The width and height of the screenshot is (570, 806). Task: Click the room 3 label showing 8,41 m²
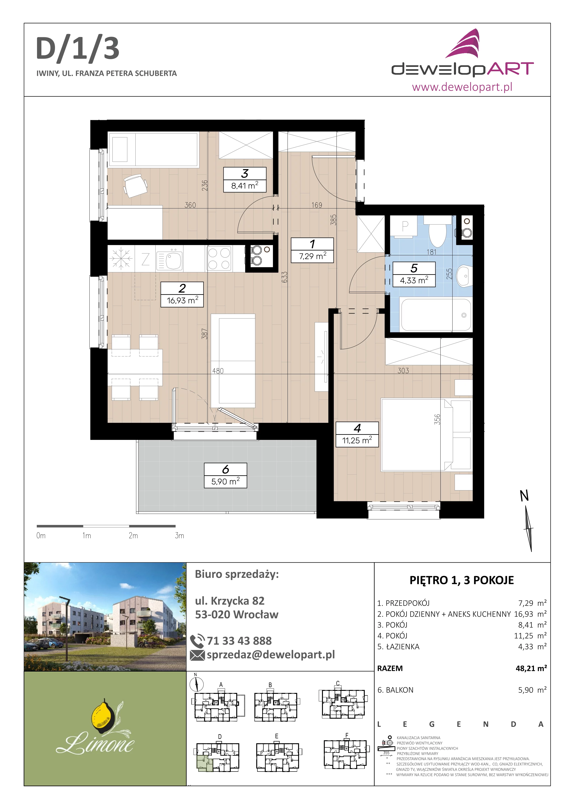coord(245,180)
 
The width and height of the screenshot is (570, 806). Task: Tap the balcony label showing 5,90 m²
coord(225,475)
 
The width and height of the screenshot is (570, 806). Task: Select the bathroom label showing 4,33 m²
coord(414,274)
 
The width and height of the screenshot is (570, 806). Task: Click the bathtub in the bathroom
coord(436,315)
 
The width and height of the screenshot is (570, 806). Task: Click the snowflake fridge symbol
coord(121,258)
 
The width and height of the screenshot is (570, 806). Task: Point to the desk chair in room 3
coord(135,186)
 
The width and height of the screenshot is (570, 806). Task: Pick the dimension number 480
coord(218,371)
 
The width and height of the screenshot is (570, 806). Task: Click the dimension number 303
coord(403,370)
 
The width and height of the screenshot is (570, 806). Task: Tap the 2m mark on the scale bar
coord(133,535)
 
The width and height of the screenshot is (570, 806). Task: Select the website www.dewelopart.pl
coord(462,87)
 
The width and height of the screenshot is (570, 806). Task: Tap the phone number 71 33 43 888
coord(239,641)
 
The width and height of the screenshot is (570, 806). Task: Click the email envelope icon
coord(197,655)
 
